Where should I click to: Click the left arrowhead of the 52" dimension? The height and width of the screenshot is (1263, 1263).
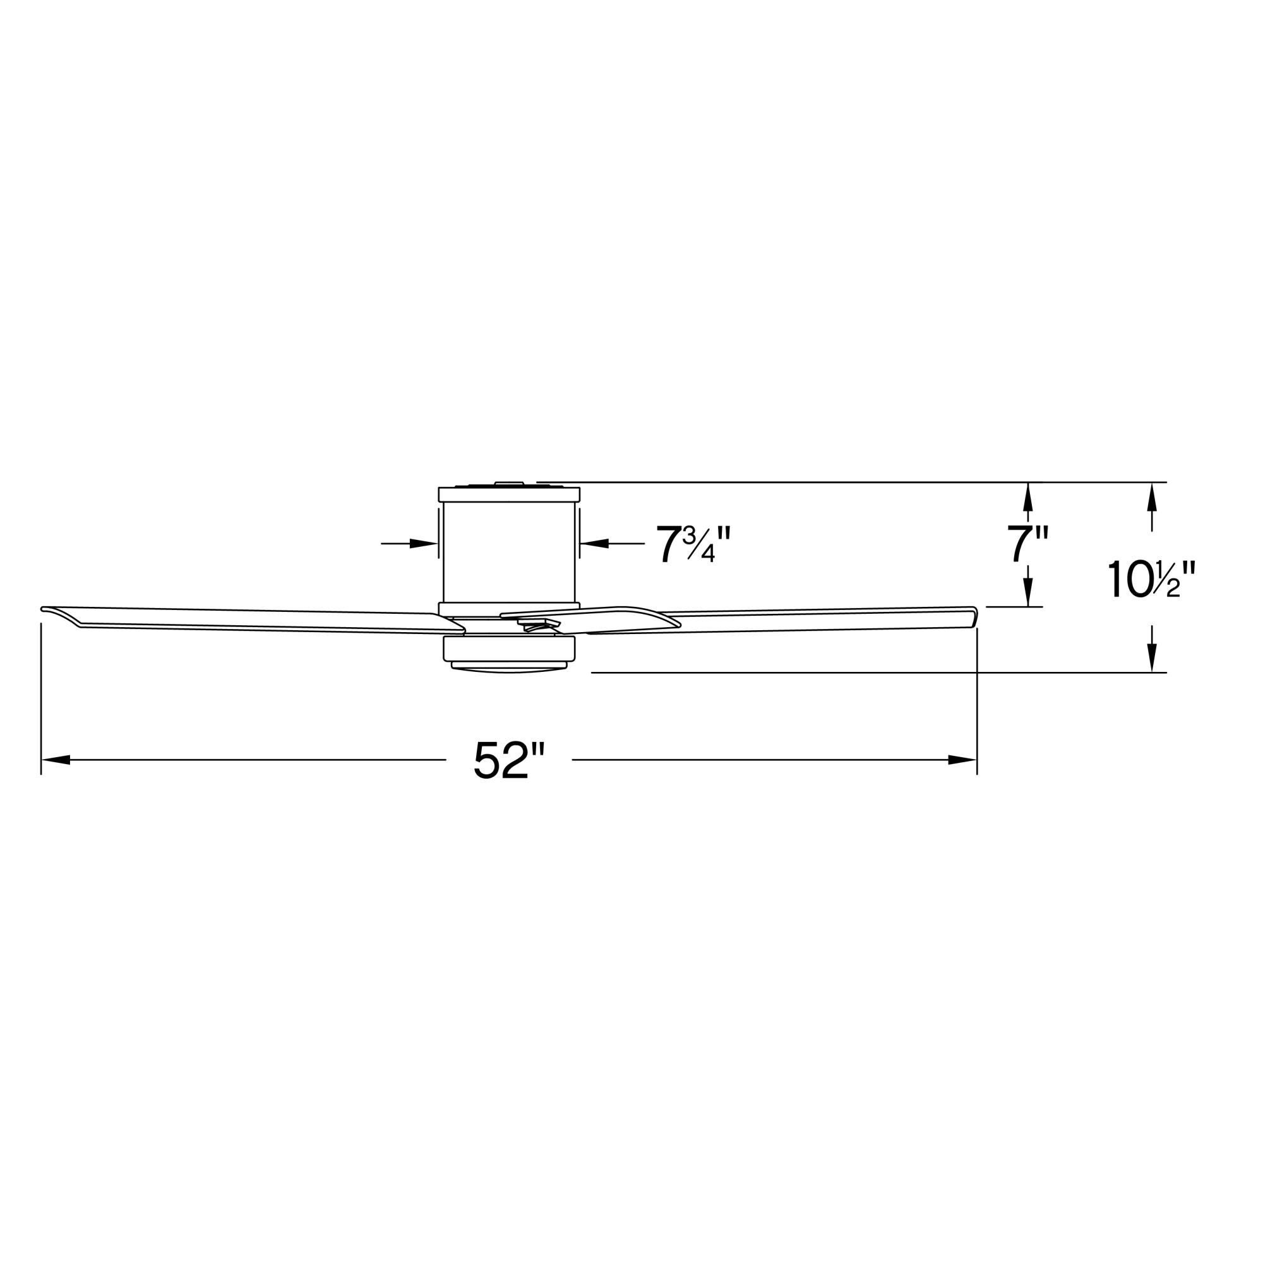[56, 760]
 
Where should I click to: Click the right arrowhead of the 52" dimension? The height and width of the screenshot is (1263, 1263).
[962, 760]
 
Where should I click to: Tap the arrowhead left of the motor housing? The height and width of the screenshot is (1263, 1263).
[424, 543]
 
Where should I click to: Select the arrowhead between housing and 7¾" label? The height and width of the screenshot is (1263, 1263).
[594, 543]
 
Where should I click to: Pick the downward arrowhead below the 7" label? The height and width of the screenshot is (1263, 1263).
[1027, 592]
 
